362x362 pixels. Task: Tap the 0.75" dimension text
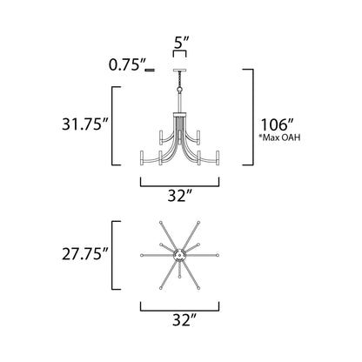pyautogui.click(x=126, y=64)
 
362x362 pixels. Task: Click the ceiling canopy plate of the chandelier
pyautogui.click(x=181, y=68)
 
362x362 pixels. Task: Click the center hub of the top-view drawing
pyautogui.click(x=181, y=256)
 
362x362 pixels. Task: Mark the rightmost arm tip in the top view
pyautogui.click(x=219, y=256)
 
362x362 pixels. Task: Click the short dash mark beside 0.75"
pyautogui.click(x=151, y=67)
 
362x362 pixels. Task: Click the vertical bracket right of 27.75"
pyautogui.click(x=117, y=256)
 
